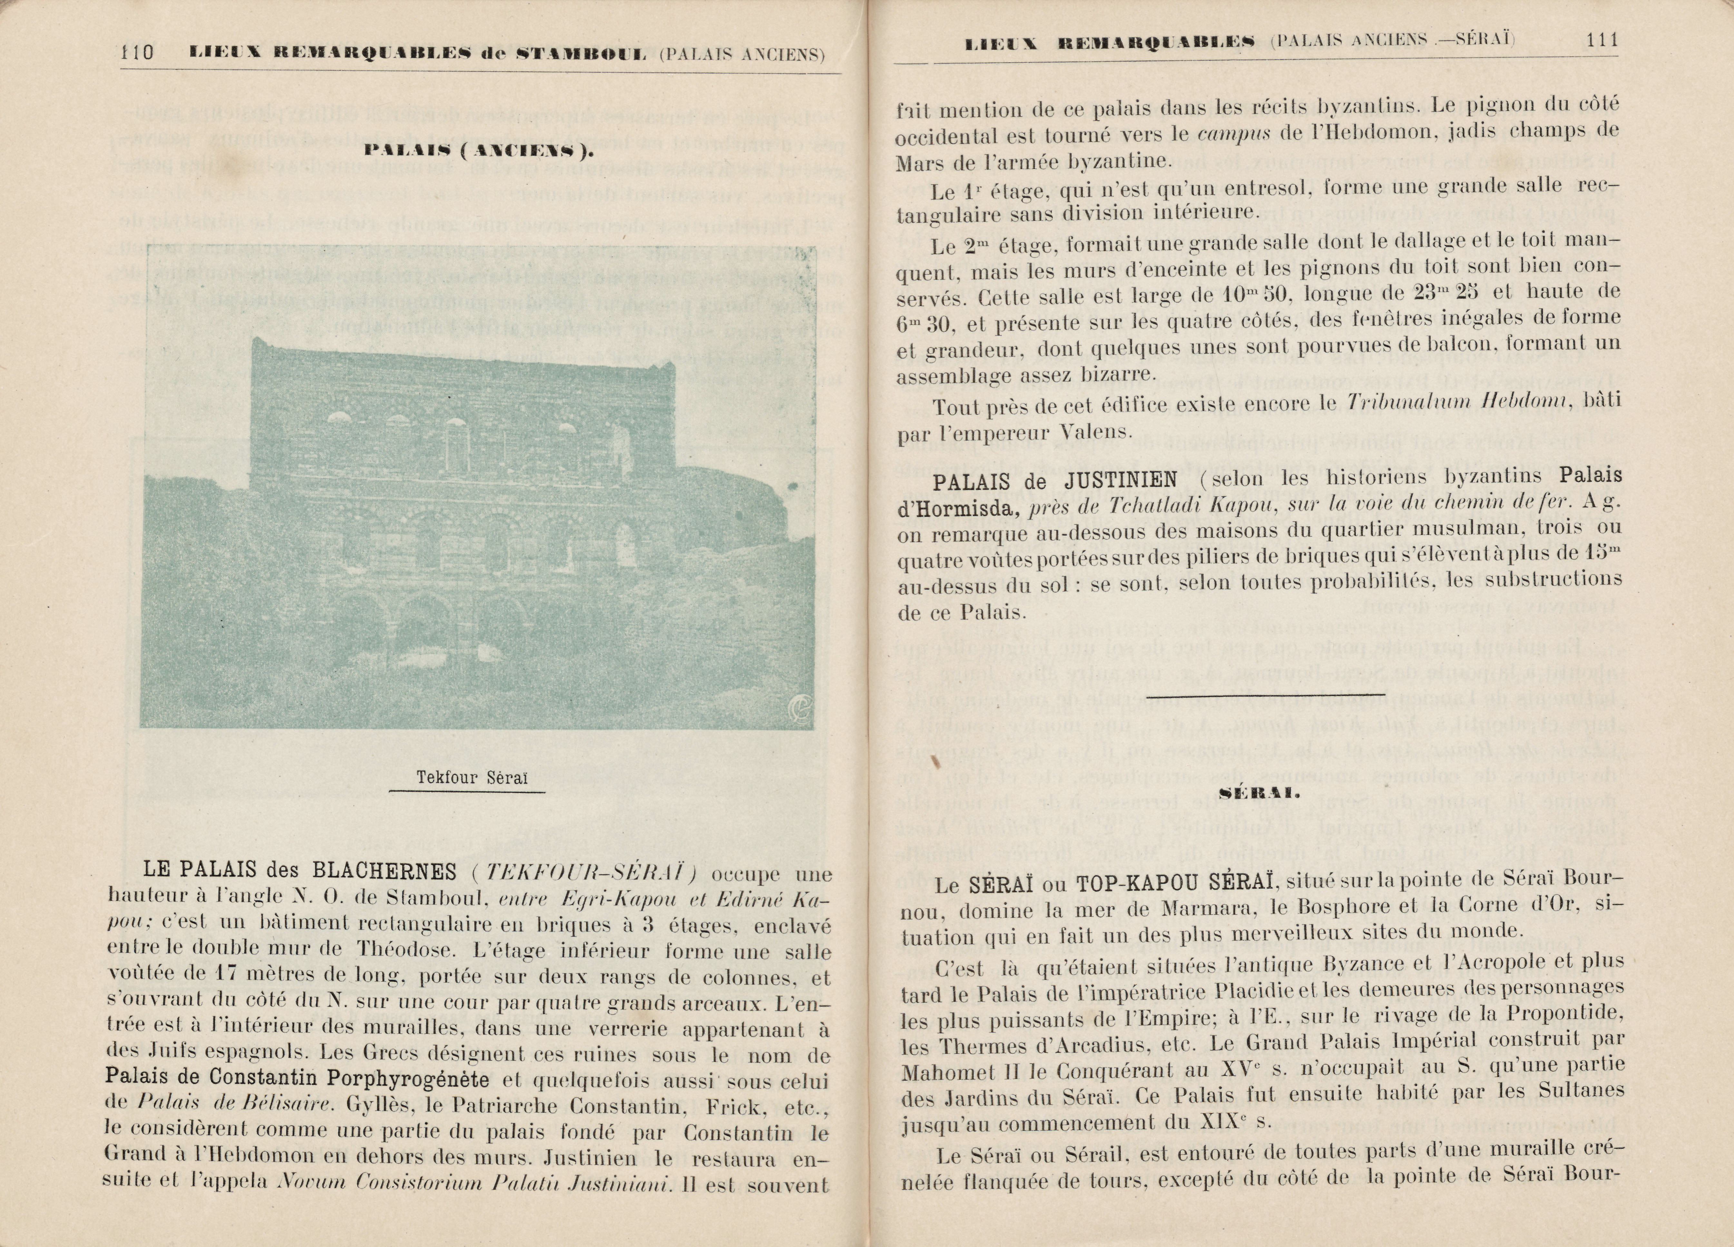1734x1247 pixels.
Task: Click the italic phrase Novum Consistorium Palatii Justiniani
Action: [474, 1183]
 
